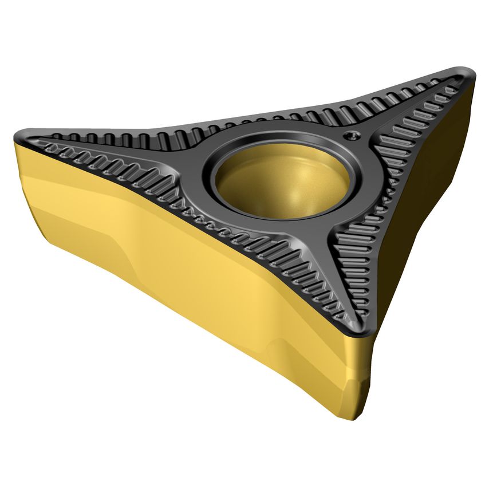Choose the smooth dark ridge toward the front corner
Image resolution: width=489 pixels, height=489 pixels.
point(329,269)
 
